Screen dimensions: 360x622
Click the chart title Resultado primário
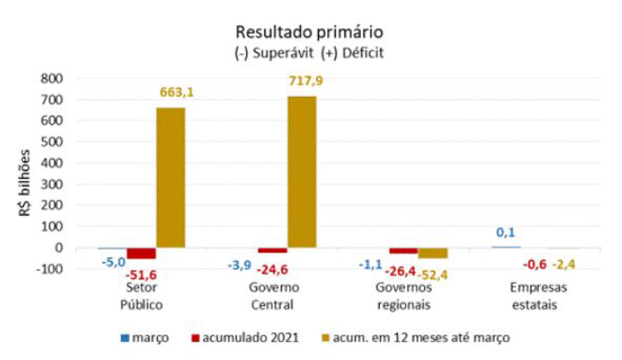[309, 31]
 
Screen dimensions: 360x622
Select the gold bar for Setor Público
[171, 178]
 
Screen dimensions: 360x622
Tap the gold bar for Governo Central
[302, 171]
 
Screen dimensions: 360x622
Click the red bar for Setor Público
[141, 253]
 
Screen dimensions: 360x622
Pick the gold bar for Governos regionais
[433, 253]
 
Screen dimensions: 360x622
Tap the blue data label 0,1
[506, 233]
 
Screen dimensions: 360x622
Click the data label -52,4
[432, 274]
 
